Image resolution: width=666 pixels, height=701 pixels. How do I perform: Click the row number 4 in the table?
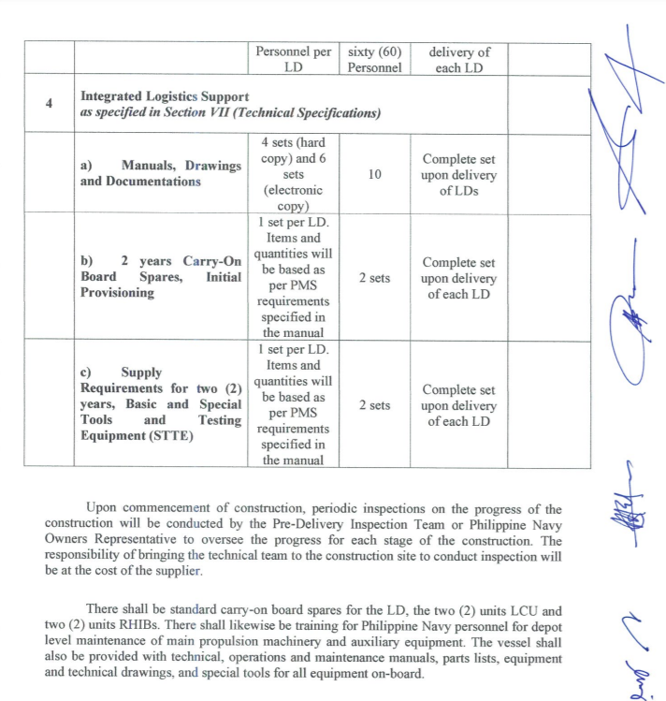(x=48, y=103)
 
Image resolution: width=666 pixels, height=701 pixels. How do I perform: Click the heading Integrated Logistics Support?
(x=165, y=96)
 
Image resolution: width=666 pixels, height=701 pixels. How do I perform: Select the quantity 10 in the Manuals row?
(x=374, y=174)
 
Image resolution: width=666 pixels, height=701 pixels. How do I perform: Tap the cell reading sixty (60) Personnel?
(x=374, y=60)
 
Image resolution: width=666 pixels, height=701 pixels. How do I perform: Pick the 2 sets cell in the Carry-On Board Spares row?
(x=374, y=278)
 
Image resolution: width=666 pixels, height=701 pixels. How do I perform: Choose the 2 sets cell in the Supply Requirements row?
(x=374, y=405)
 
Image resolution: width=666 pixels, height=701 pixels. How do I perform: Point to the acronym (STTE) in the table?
(x=169, y=436)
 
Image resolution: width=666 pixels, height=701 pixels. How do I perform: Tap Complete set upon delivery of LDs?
(x=458, y=174)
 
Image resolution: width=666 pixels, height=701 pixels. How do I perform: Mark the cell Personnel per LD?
(x=293, y=60)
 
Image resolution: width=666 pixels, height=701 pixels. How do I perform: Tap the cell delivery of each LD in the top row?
(x=458, y=60)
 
